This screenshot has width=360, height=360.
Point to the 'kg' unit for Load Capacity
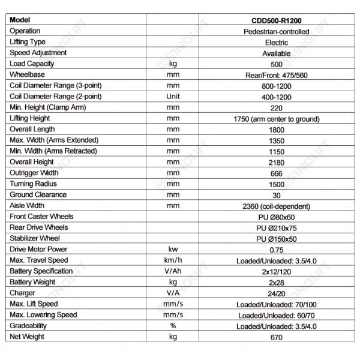pyautogui.click(x=173, y=64)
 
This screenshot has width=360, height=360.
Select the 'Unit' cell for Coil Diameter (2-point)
pyautogui.click(x=173, y=96)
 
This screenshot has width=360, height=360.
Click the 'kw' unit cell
pyautogui.click(x=173, y=250)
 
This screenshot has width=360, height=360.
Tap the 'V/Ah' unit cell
pyautogui.click(x=173, y=271)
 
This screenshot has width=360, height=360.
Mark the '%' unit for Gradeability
pyautogui.click(x=173, y=326)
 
